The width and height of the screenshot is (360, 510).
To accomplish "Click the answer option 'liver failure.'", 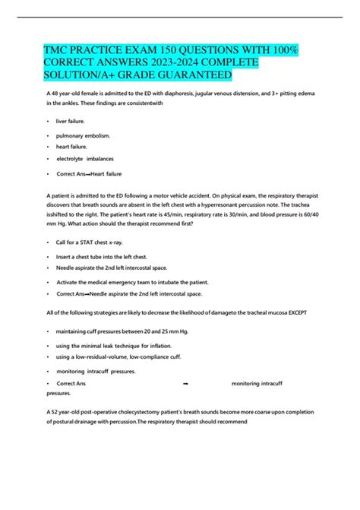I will point(72,120).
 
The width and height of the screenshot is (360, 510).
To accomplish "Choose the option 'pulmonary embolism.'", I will point(84,135).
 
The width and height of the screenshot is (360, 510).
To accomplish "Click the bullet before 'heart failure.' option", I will point(49,147).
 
